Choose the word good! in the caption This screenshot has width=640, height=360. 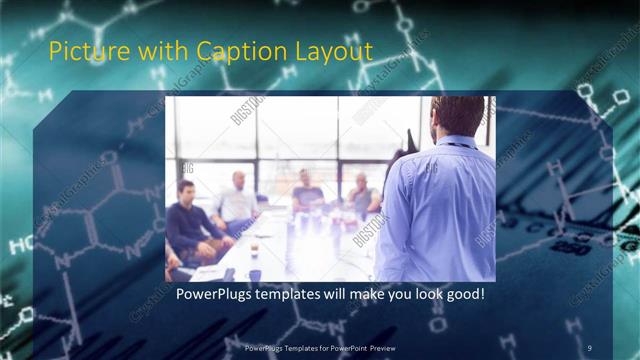(x=465, y=295)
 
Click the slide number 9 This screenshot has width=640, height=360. (x=590, y=347)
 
